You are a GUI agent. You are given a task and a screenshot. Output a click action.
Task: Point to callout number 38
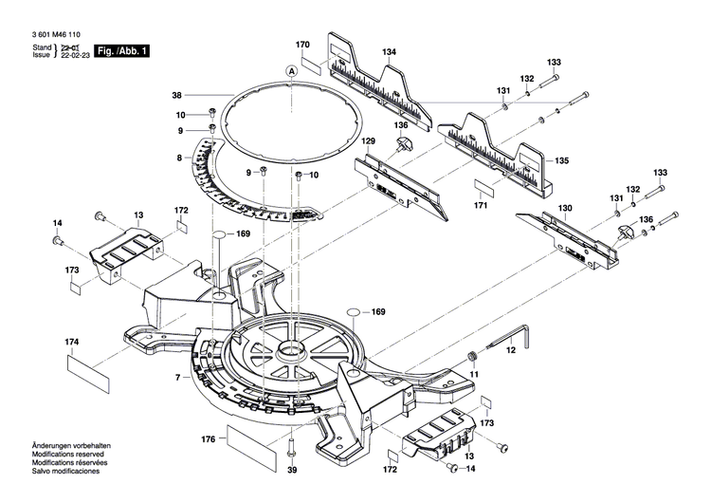pos(176,95)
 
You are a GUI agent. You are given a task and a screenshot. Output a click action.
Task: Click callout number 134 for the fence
pos(389,51)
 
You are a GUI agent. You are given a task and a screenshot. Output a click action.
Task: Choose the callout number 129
pos(369,141)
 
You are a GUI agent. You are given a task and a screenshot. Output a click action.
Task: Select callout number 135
pos(562,160)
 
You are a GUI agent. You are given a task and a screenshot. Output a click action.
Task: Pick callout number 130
pos(565,208)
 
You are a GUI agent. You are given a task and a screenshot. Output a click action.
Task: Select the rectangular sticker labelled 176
pos(246,439)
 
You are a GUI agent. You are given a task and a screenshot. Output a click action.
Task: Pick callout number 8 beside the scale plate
pos(177,158)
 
